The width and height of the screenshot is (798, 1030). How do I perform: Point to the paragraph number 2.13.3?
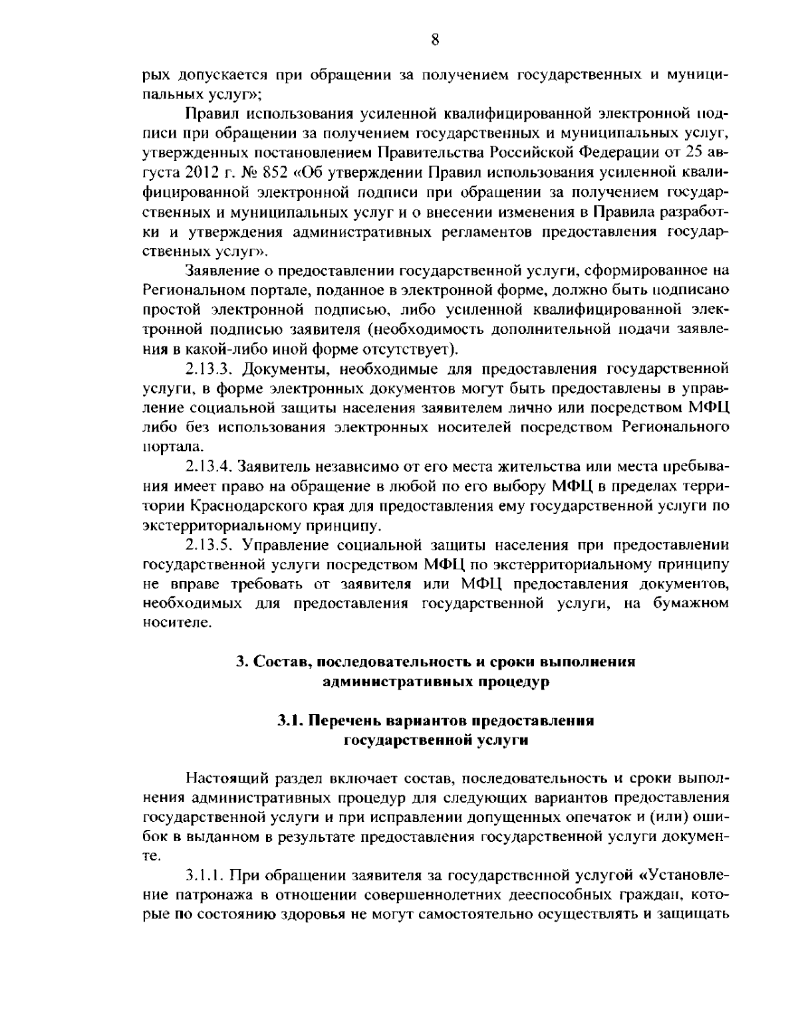[209, 368]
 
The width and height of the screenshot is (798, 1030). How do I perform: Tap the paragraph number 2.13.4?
[209, 465]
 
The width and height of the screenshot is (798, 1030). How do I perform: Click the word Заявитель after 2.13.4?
[279, 465]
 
